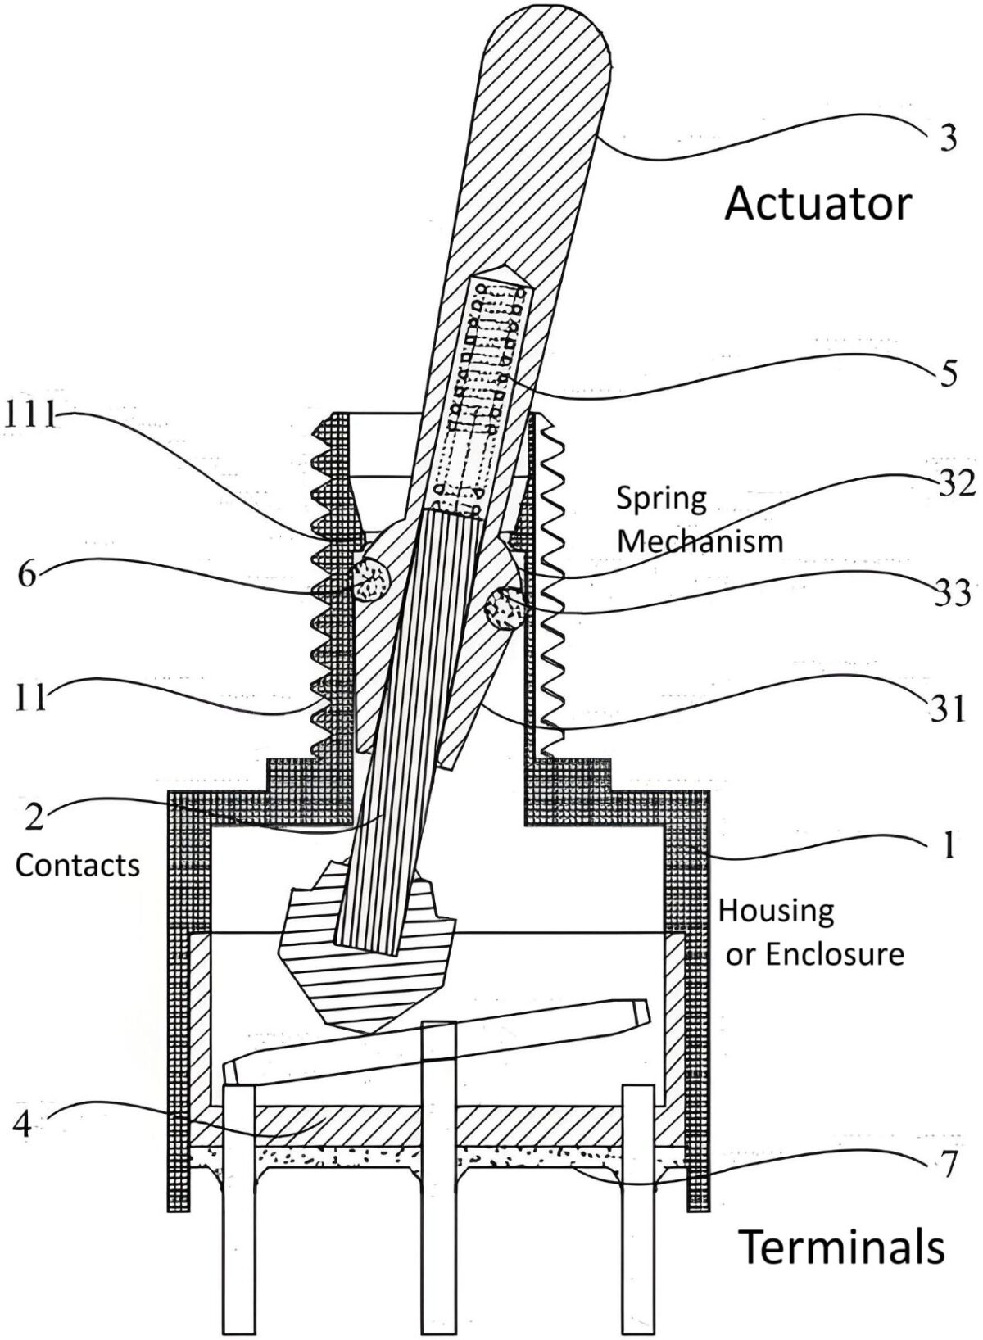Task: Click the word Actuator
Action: coord(818,204)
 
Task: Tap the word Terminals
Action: coord(842,1247)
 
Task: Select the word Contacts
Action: coord(78,866)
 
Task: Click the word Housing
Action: coord(776,910)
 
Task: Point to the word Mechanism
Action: coord(700,541)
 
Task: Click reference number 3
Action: coord(948,139)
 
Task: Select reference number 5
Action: coord(949,375)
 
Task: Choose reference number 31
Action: coord(949,708)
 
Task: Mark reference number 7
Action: coord(947,1165)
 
